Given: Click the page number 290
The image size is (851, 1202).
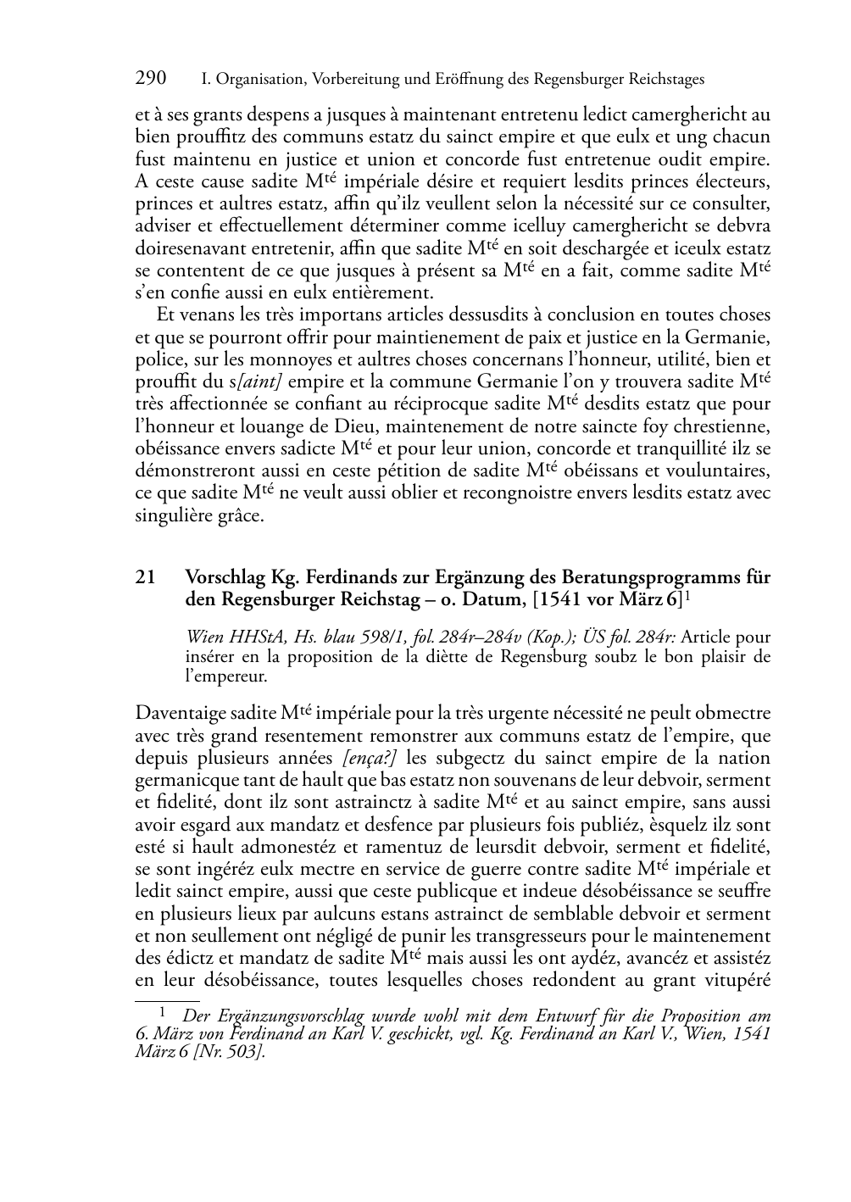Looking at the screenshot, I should coord(151,79).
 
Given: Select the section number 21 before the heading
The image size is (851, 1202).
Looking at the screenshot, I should coord(145,578).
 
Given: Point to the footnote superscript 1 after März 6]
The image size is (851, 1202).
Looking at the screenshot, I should coord(690,596).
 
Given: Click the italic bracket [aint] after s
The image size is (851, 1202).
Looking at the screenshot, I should coord(267,381).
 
